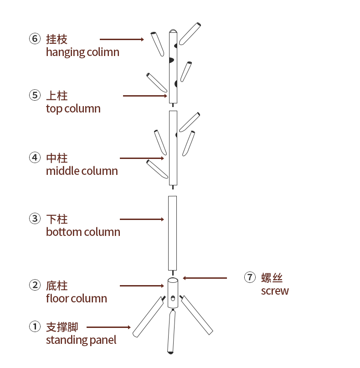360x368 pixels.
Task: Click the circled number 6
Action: click(x=35, y=39)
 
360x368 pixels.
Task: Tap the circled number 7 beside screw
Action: click(x=250, y=277)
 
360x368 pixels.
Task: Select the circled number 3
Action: click(x=35, y=219)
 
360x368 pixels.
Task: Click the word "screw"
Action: click(x=275, y=291)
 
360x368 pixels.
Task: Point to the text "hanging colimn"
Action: click(x=82, y=52)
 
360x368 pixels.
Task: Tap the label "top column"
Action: click(x=73, y=109)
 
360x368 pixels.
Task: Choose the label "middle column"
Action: click(x=82, y=171)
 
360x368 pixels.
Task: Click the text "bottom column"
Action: click(x=83, y=232)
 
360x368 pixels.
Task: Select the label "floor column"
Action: click(x=76, y=299)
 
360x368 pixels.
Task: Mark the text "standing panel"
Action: click(x=81, y=340)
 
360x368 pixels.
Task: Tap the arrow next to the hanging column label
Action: click(x=122, y=40)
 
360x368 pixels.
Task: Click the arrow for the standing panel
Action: click(x=108, y=327)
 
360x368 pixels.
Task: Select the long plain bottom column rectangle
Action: click(x=172, y=233)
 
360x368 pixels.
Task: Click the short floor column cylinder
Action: click(x=173, y=293)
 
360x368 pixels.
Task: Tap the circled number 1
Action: click(x=35, y=327)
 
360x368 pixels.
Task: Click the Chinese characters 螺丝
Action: click(x=272, y=277)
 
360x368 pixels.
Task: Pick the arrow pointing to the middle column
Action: click(x=142, y=158)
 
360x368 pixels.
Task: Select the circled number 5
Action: click(x=35, y=95)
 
